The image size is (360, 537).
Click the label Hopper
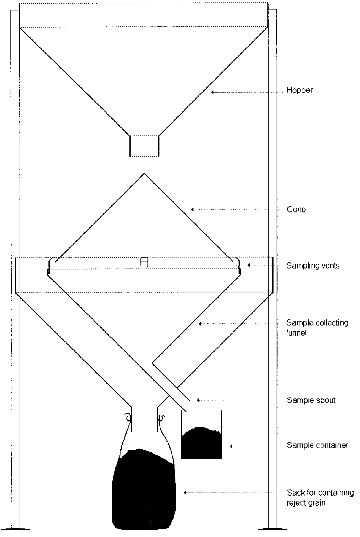coord(299,90)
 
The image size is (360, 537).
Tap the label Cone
coord(296,210)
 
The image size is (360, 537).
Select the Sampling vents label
coord(313,265)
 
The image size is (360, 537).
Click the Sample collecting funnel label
coord(317,327)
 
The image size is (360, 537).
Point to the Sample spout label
coord(311,400)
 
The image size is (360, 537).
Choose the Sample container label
coord(317,445)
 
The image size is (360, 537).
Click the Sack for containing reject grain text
coord(320,497)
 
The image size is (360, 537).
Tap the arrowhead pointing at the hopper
coord(212,92)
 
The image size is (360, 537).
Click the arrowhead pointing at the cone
coord(193,210)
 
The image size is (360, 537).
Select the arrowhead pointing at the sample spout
coord(198,400)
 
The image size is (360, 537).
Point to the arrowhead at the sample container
coord(232,446)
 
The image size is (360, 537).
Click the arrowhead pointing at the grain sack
coord(185,493)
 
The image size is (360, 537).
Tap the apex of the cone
coord(144,174)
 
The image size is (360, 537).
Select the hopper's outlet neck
coord(144,146)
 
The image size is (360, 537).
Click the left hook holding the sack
coord(128,417)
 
